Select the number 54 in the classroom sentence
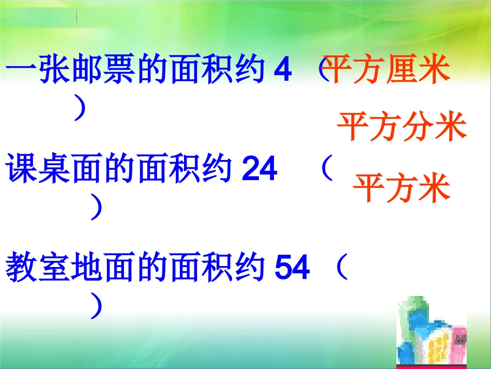tap(293, 268)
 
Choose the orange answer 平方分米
tap(402, 127)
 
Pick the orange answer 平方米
tap(402, 187)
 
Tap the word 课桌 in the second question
tap(39, 169)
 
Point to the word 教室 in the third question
tap(39, 268)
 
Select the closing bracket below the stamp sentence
tap(80, 110)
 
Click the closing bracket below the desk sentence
tap(95, 208)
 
